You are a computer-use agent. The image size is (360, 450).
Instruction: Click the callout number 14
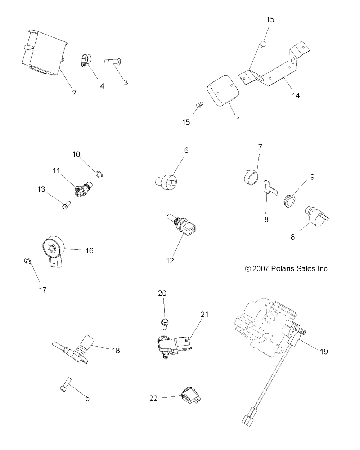[296, 95]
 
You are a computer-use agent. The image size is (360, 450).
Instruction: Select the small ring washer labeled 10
[99, 174]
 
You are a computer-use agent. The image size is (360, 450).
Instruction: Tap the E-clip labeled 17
[27, 261]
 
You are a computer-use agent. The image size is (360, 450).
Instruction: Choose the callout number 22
[153, 398]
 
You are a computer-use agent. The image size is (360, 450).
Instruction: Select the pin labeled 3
[113, 62]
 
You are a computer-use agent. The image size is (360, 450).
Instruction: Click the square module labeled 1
[223, 90]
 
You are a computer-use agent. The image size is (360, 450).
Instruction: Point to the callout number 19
[324, 352]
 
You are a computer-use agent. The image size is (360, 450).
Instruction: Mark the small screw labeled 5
[66, 384]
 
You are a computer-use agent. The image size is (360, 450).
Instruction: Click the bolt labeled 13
[66, 205]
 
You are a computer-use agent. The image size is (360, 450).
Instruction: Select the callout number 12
[170, 260]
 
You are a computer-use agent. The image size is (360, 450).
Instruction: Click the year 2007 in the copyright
[260, 269]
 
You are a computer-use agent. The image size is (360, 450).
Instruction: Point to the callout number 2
[74, 93]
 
